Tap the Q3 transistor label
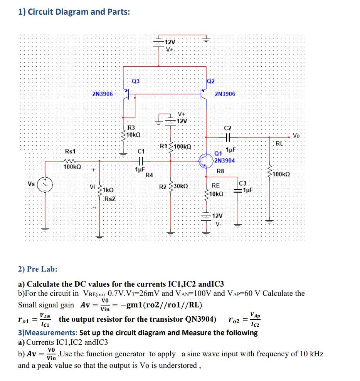click(x=136, y=81)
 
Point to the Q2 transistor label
click(x=211, y=81)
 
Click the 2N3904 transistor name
click(x=225, y=160)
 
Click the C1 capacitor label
click(x=141, y=151)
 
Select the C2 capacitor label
click(x=228, y=128)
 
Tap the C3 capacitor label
click(x=244, y=183)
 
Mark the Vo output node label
click(x=296, y=136)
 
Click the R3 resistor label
click(x=131, y=128)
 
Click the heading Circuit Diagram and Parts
click(x=74, y=12)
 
